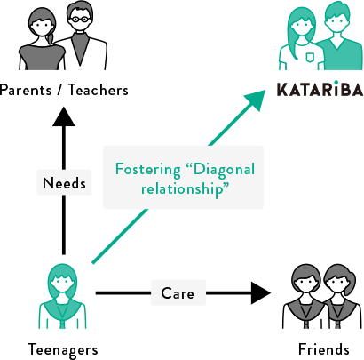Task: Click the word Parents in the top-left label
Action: [26, 90]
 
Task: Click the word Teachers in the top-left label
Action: [99, 90]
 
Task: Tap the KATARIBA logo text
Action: [320, 89]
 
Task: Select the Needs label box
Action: [64, 182]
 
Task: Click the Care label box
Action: [178, 293]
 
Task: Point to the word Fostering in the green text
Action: [148, 170]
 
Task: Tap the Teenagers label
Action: [63, 349]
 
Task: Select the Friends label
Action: [324, 349]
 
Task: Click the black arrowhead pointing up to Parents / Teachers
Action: [64, 116]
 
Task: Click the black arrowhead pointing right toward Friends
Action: [261, 293]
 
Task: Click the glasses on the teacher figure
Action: [80, 20]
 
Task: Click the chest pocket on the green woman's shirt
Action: [310, 57]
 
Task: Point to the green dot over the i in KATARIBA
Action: [336, 82]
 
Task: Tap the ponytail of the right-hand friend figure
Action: [352, 278]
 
